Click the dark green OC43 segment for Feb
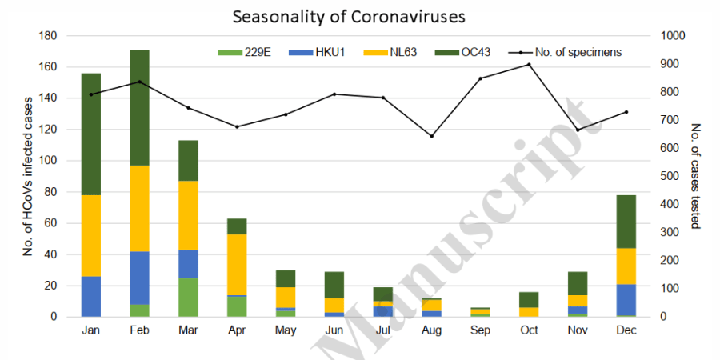click(x=140, y=107)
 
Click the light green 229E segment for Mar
click(x=189, y=297)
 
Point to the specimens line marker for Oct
click(x=529, y=64)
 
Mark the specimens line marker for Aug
click(x=432, y=136)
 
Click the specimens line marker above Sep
click(x=480, y=78)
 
